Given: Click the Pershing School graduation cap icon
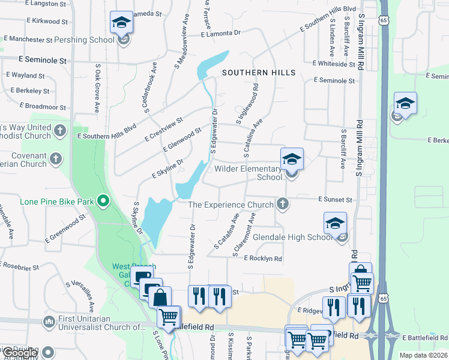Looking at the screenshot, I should click(122, 23).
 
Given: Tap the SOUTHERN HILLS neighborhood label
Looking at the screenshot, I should click(259, 73).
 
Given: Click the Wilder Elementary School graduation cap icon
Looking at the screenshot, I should click(292, 160).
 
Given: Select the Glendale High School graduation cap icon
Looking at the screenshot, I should click(335, 224).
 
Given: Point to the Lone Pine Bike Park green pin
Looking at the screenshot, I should click(103, 201).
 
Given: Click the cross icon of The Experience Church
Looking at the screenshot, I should click(282, 205).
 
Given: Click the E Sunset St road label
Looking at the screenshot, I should click(334, 199).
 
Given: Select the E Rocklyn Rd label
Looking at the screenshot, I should click(263, 258).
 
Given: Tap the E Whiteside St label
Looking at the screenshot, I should click(334, 64).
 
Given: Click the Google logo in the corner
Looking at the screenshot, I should click(19, 353).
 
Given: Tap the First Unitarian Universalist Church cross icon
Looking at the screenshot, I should click(47, 323).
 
